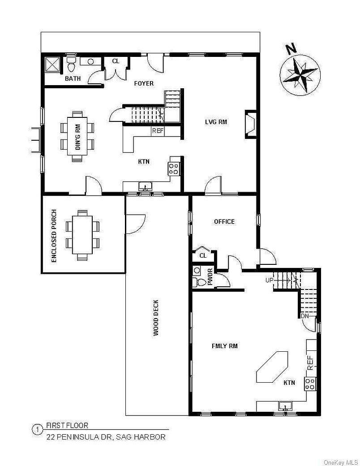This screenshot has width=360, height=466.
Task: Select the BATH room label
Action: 73,79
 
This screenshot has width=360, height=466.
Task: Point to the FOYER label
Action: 144,83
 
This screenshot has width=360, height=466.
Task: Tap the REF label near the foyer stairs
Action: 158,131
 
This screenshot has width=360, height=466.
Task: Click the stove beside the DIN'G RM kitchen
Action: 174,168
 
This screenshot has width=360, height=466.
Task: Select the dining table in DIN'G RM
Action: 77,136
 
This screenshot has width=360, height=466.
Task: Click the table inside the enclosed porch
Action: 82,234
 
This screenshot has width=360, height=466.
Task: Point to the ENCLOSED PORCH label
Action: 55,235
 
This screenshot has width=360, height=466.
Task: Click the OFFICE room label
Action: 224,221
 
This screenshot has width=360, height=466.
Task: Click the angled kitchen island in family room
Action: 272,366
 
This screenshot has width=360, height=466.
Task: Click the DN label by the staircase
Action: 305,316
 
